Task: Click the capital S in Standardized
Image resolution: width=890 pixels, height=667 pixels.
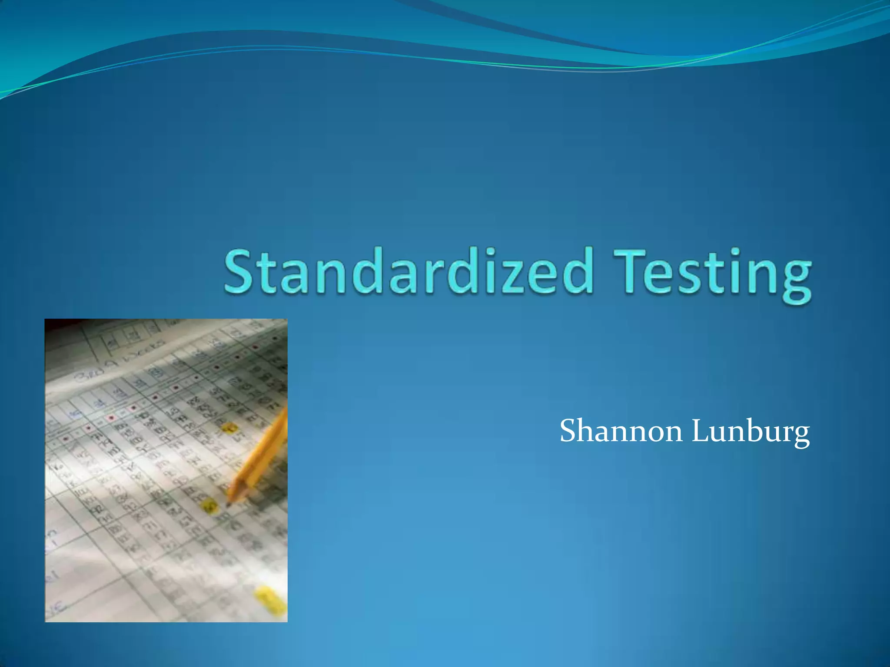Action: [x=239, y=271]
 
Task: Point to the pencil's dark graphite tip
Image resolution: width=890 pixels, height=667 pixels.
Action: [x=228, y=504]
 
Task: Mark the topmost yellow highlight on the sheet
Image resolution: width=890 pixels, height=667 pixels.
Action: [x=229, y=428]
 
